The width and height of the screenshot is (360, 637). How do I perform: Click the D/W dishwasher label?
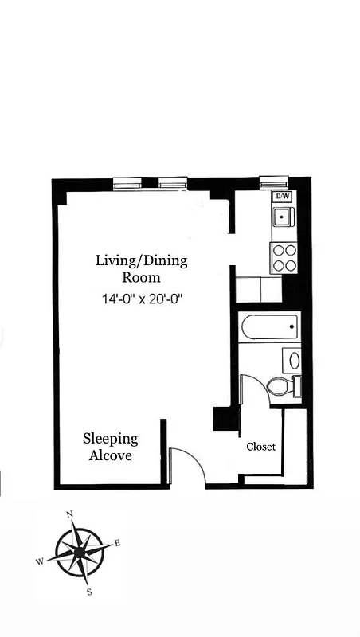282,196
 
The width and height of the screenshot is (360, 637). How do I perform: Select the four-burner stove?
284,258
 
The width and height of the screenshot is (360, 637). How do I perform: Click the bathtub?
268,327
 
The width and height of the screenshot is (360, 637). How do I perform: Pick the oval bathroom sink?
294,360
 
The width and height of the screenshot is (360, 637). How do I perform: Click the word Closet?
260,447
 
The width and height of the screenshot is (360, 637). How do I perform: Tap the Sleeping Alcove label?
111,447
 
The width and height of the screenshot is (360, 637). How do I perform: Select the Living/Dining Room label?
142,269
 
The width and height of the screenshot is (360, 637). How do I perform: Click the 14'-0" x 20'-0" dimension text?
143,299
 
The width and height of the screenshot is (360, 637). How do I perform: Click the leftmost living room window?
127,184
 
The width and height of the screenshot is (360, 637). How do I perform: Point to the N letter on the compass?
70,514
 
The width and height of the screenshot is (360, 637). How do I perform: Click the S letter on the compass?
89,592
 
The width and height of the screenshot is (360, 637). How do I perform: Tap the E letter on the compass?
117,543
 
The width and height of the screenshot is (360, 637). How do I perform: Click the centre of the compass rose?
79,553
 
